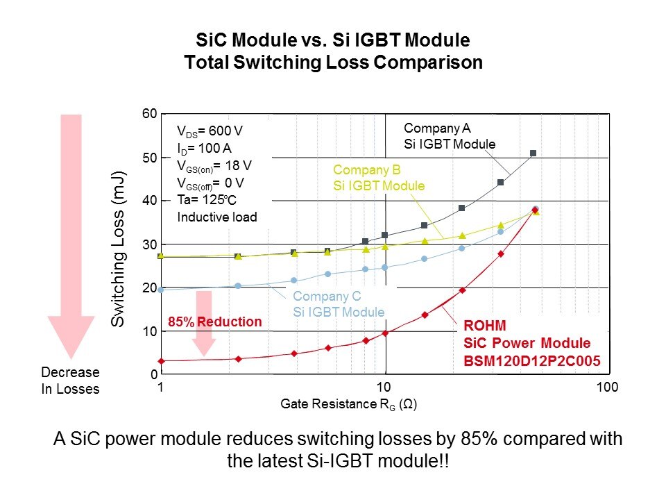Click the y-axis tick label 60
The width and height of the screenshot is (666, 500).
149,114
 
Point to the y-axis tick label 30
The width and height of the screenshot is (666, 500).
149,244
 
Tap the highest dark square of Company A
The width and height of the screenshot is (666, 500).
533,153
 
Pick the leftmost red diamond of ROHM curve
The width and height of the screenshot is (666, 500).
161,361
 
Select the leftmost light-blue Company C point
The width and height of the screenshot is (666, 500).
161,290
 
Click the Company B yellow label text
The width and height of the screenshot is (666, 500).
378,178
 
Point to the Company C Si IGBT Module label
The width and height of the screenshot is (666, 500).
339,305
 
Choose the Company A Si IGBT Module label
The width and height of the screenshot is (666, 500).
449,136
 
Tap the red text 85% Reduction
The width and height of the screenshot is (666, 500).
216,322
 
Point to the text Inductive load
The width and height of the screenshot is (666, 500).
217,217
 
